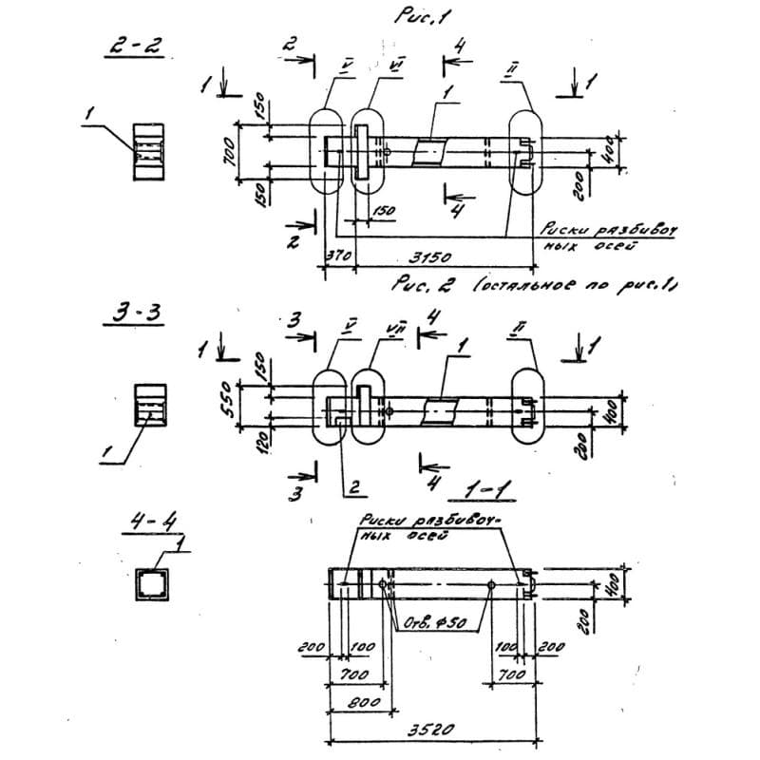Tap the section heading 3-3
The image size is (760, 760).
click(x=133, y=314)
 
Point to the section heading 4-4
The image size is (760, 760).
click(x=148, y=526)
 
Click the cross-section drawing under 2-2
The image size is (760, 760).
click(x=148, y=150)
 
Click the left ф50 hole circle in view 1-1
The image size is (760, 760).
click(x=382, y=583)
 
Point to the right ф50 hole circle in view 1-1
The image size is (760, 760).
click(x=489, y=583)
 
